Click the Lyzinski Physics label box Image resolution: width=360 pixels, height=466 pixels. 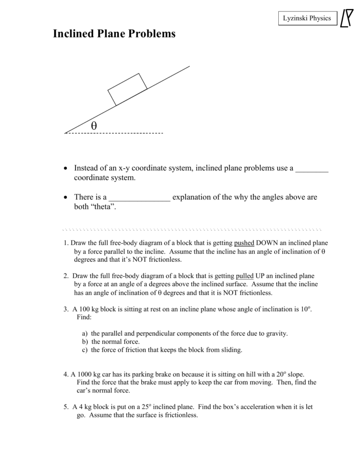tap(307, 18)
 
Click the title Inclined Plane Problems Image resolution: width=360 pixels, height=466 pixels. tap(114, 34)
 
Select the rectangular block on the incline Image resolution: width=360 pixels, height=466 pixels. tap(127, 89)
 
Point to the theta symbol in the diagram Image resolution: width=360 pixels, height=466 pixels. tap(94, 125)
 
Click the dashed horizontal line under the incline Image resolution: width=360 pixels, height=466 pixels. tap(114, 133)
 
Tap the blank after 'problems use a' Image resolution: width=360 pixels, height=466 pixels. tap(311, 169)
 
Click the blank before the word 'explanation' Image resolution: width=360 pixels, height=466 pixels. tap(139, 197)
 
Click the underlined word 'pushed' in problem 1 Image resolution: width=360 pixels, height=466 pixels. tap(244, 243)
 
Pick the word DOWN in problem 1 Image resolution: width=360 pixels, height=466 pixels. tap(268, 243)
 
